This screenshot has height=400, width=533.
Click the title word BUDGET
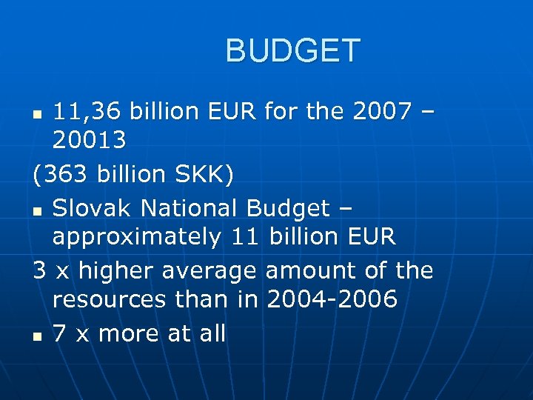[x=292, y=51]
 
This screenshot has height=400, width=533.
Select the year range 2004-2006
[x=332, y=300]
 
